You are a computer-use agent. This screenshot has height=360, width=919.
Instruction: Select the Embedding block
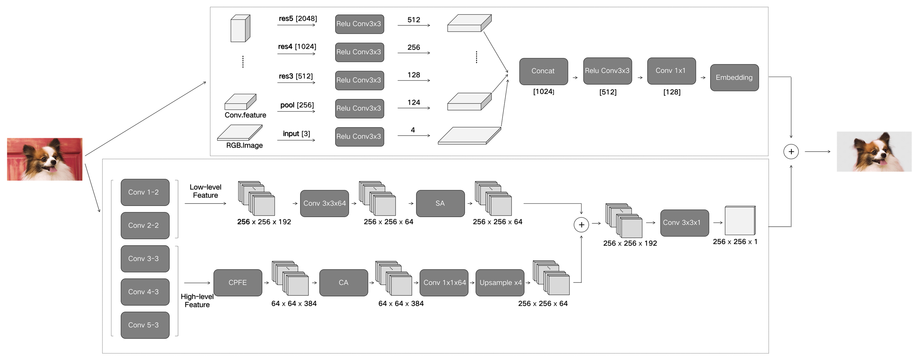(x=734, y=77)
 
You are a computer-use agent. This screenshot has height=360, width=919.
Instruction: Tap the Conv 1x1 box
(x=671, y=71)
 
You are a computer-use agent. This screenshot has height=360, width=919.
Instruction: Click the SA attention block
(x=440, y=203)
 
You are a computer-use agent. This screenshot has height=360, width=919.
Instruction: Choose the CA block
(x=343, y=283)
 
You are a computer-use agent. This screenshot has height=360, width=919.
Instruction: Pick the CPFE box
(x=238, y=283)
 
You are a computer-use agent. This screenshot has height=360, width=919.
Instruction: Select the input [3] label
(x=296, y=134)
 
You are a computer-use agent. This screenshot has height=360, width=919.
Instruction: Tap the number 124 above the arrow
(x=414, y=102)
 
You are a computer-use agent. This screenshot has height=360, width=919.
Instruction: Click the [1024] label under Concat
(x=543, y=92)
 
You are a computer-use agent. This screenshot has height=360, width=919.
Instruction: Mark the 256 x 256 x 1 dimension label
(x=735, y=242)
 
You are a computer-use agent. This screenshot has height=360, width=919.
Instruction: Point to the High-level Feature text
(x=197, y=300)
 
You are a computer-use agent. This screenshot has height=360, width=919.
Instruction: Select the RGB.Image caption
(x=244, y=145)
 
